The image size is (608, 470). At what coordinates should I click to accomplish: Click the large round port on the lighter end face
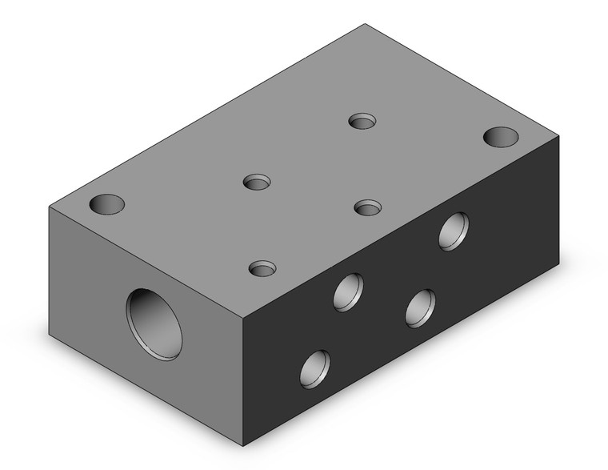click(x=154, y=324)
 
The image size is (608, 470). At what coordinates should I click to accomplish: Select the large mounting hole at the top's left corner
click(x=107, y=204)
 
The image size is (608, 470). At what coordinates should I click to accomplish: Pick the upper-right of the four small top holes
click(x=364, y=121)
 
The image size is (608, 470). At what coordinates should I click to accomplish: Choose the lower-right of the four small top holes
click(x=368, y=207)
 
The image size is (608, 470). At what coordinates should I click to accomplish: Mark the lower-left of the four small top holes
click(x=262, y=267)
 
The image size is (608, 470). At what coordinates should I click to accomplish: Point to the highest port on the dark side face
click(x=454, y=231)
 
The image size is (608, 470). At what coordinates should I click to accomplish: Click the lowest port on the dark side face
click(x=315, y=368)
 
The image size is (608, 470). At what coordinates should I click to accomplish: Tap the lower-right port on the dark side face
click(x=419, y=307)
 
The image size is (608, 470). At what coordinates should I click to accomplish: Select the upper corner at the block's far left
click(x=50, y=208)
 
